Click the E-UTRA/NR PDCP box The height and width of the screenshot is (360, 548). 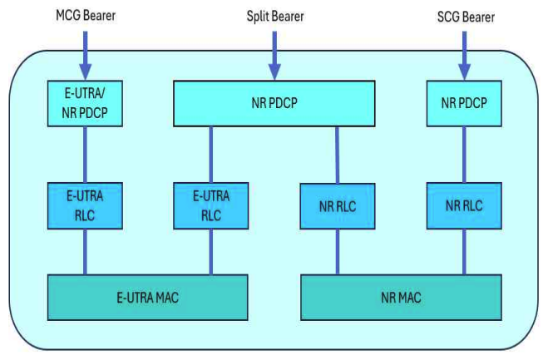point(84,103)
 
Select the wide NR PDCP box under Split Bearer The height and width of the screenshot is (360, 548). point(274,104)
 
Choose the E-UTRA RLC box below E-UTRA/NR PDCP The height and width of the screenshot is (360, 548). point(84,205)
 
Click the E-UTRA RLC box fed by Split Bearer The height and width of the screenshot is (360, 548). point(210,205)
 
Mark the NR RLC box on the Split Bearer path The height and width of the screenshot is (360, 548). point(338,205)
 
